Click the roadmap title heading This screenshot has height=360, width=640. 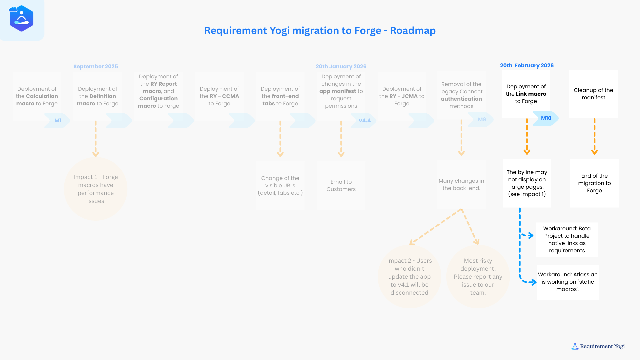320,31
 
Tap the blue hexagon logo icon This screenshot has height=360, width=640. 22,19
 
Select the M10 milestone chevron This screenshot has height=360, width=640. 546,118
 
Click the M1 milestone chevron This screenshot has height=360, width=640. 57,121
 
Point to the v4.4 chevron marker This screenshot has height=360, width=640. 364,121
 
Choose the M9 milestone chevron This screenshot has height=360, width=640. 481,120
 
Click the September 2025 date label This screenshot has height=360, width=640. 96,67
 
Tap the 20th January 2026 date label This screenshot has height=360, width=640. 341,67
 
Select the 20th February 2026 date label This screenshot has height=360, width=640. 527,66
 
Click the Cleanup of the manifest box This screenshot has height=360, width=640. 593,94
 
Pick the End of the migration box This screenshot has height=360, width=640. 594,183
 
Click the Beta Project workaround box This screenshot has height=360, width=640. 567,240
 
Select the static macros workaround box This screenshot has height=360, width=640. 568,282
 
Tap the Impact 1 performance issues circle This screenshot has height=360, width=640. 96,189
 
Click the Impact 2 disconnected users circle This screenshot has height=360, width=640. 409,277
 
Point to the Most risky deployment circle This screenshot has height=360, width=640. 478,277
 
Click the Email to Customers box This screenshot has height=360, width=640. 341,186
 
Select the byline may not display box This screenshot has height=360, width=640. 527,183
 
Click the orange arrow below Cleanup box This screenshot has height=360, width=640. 594,137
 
